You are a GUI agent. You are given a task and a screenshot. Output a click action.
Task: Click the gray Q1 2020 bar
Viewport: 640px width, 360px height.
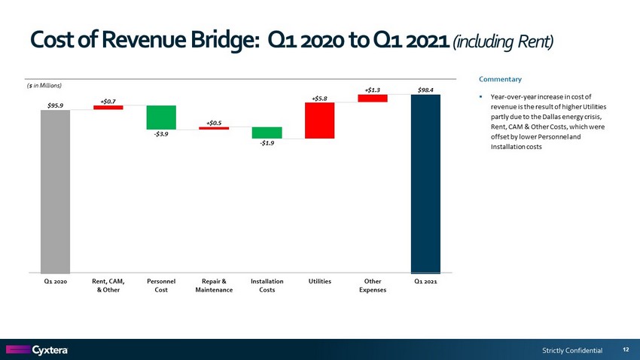click(x=55, y=191)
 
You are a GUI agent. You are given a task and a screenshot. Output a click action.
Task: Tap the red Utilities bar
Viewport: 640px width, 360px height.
click(x=319, y=121)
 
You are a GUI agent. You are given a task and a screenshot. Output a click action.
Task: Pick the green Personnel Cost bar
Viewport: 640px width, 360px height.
click(x=161, y=117)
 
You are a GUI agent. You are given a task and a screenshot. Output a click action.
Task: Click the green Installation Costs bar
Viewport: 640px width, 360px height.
click(x=267, y=133)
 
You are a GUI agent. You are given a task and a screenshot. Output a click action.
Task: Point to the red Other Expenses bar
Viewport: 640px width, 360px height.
click(x=373, y=98)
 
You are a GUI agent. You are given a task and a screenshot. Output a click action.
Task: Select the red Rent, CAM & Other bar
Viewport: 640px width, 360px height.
click(x=108, y=107)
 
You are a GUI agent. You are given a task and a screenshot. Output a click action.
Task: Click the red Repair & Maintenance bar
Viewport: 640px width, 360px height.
click(x=214, y=128)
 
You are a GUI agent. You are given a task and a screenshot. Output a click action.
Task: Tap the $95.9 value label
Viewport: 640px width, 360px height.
click(x=55, y=105)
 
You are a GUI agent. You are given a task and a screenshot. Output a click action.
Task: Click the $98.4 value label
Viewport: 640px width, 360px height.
click(x=425, y=90)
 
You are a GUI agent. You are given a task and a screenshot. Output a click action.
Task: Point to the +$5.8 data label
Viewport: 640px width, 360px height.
click(x=319, y=97)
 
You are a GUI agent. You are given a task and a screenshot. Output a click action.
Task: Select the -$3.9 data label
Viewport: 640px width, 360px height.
click(x=161, y=135)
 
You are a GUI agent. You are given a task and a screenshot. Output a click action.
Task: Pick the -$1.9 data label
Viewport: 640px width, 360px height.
click(x=267, y=144)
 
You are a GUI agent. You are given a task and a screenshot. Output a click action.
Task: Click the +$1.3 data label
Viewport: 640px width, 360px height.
click(x=372, y=90)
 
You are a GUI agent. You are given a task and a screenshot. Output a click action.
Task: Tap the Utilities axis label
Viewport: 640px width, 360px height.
click(x=320, y=281)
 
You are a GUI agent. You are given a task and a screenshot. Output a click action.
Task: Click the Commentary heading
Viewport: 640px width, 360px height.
click(x=500, y=79)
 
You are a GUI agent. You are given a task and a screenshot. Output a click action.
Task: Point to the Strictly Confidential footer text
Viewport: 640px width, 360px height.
click(x=572, y=350)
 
